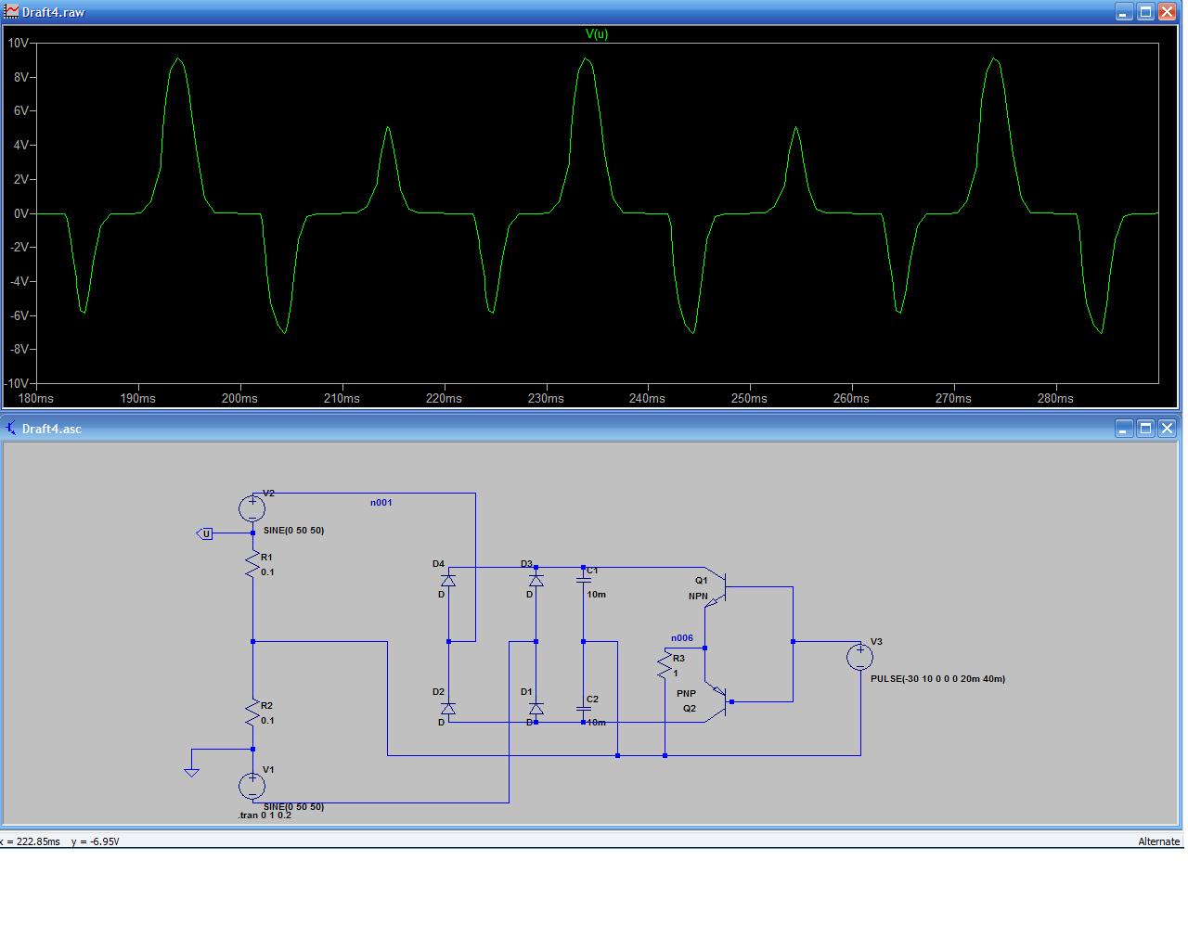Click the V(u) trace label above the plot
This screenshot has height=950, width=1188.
point(597,34)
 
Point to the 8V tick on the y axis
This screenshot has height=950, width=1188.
point(20,77)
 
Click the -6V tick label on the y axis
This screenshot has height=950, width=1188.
point(19,315)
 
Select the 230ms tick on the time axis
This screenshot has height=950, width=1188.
point(546,398)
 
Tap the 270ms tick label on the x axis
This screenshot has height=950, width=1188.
point(953,398)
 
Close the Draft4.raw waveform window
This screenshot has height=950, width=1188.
point(1167,12)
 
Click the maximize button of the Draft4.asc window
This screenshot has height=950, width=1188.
point(1145,428)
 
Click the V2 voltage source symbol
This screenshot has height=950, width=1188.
point(252,508)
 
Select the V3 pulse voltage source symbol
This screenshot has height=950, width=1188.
point(860,657)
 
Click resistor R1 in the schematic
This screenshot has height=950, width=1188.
point(252,565)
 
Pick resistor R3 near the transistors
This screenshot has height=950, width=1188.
point(665,664)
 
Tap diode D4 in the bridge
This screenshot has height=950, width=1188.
point(448,581)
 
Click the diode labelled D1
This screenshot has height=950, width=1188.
point(536,709)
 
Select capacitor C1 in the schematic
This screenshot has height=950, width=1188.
point(584,579)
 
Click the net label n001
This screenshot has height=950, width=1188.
point(381,503)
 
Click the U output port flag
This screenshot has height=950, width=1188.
point(206,533)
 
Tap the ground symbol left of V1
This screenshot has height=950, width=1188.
point(191,770)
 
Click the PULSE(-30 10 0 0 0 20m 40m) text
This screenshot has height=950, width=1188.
point(937,679)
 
